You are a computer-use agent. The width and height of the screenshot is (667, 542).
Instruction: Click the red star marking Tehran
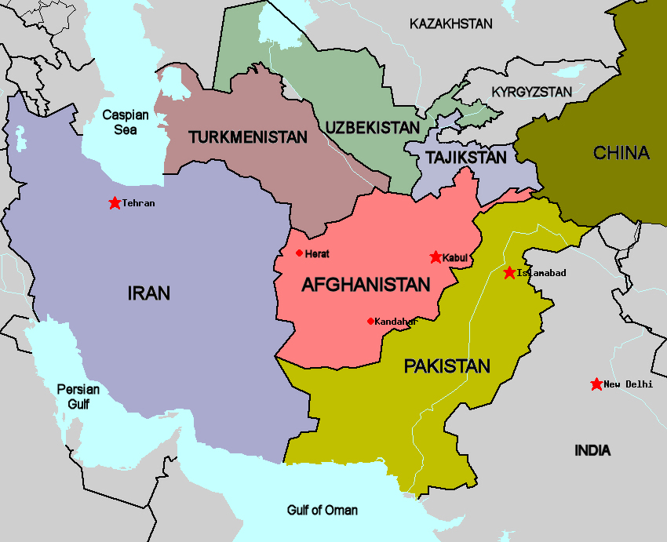coord(115,203)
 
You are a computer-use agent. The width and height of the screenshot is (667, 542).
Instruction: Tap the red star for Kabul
coord(436,257)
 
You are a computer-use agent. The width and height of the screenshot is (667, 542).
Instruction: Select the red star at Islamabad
coord(510,272)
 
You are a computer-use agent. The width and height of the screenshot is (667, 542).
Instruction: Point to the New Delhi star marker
coord(596,384)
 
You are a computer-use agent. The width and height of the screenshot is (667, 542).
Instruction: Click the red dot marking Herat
coord(299,253)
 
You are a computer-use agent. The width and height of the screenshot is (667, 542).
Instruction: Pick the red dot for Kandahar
coord(370,321)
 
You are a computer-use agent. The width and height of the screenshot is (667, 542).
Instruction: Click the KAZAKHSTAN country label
coord(451,24)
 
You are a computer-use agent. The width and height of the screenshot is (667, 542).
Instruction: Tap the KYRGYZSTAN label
coord(531,92)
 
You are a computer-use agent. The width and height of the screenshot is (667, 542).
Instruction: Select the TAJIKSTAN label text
coord(466,158)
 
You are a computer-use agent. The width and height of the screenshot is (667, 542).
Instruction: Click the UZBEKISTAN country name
coord(373,126)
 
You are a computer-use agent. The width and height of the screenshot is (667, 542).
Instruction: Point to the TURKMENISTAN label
coord(247,137)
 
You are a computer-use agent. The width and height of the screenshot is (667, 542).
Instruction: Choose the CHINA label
coord(621,153)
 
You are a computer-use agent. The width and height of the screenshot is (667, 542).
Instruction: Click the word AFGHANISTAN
coord(366,285)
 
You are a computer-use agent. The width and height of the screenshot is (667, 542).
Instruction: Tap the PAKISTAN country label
coord(446,366)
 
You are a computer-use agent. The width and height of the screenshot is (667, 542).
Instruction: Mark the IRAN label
coord(148,293)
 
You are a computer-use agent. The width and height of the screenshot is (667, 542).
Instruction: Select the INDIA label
coord(592,450)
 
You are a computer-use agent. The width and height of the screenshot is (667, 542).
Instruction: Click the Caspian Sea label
coord(125,122)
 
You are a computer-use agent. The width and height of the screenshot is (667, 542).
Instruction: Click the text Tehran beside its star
coord(139,203)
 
